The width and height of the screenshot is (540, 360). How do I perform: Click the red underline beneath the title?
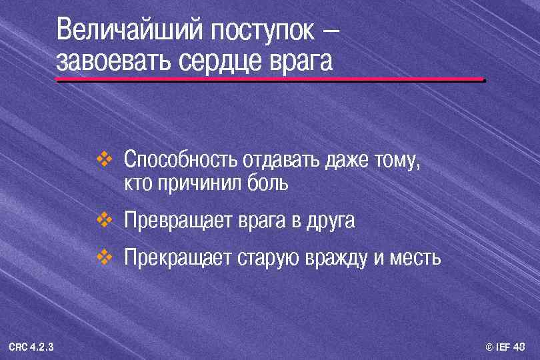270,80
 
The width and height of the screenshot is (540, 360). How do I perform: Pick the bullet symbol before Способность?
105,159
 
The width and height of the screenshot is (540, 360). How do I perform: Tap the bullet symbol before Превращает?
105,218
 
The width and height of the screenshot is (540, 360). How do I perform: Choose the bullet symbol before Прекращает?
105,256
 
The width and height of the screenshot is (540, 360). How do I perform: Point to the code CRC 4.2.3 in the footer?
31,347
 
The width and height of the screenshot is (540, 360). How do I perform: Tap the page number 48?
521,347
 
